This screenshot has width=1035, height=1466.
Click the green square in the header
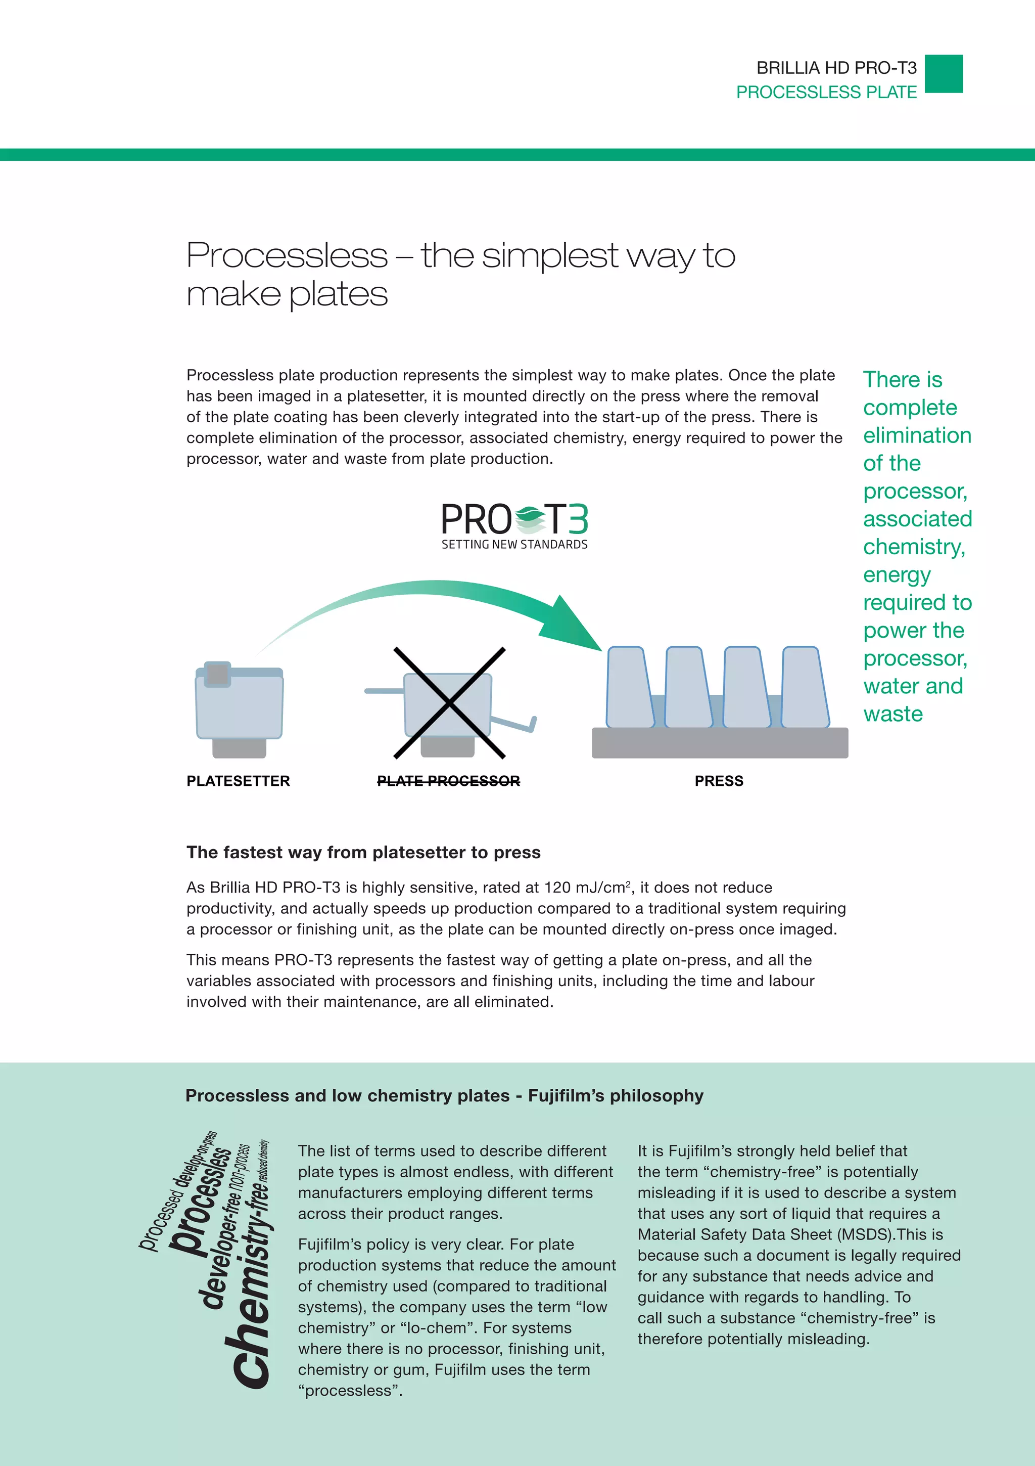point(943,74)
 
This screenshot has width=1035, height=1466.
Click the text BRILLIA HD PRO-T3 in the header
point(836,68)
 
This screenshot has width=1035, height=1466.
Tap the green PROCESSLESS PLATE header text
point(826,93)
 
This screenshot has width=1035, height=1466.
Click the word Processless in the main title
point(287,255)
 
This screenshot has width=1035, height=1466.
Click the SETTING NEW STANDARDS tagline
point(514,545)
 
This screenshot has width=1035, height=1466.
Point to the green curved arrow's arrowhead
point(574,626)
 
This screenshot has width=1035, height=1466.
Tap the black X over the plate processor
point(449,702)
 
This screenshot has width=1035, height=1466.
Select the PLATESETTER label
point(238,781)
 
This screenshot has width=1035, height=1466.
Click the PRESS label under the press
point(719,781)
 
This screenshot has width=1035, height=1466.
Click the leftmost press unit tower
point(629,688)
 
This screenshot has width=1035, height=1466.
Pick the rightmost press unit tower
point(805,688)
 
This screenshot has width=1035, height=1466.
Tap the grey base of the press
point(720,744)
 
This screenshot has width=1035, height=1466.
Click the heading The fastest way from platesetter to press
point(363,853)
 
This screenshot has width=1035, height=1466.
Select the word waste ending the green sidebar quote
point(892,714)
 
